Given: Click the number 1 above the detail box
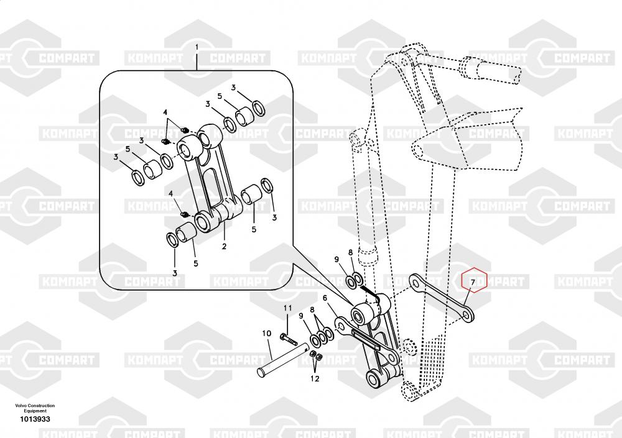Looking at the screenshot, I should [197, 47].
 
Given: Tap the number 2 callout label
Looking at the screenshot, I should [224, 247].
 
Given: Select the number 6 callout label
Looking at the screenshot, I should [325, 298].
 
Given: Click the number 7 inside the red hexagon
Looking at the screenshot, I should [473, 283].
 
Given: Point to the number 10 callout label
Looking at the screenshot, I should [266, 334].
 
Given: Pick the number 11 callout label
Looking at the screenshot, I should [287, 309].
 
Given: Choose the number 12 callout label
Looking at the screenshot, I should [315, 378].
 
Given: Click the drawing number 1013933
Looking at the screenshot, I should [35, 419].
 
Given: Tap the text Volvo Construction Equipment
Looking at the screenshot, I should [35, 408].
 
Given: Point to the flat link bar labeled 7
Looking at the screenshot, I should [442, 298].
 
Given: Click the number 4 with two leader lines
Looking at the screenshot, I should [166, 112].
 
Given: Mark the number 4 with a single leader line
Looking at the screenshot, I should [170, 194].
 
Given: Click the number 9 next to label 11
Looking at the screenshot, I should [301, 316].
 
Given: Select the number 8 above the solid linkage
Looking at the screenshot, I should [351, 252].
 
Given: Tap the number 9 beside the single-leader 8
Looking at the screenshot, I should [337, 259].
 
